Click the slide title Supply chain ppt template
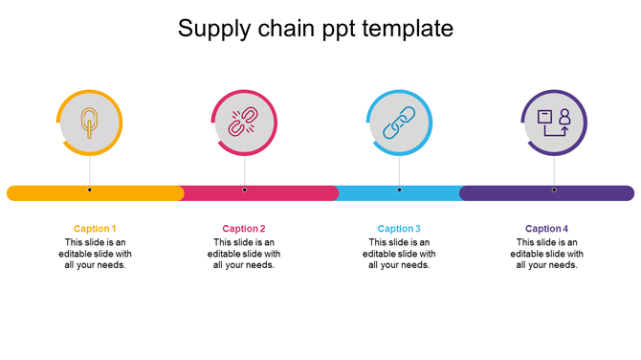pyautogui.click(x=316, y=29)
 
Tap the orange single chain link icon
pyautogui.click(x=90, y=123)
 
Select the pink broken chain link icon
pyautogui.click(x=244, y=123)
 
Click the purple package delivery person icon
pyautogui.click(x=554, y=123)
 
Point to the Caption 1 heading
pyautogui.click(x=95, y=229)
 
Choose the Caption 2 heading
pyautogui.click(x=244, y=229)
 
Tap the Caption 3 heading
pyautogui.click(x=399, y=229)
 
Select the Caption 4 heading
pyautogui.click(x=546, y=229)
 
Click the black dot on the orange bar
pyautogui.click(x=90, y=191)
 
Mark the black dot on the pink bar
pyautogui.click(x=244, y=191)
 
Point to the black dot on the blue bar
pyautogui.click(x=399, y=191)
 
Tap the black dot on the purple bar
pyautogui.click(x=554, y=191)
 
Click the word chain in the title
pyautogui.click(x=286, y=29)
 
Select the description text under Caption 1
pyautogui.click(x=95, y=254)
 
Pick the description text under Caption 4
pyautogui.click(x=546, y=254)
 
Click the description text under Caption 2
pyautogui.click(x=244, y=254)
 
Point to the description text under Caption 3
pyautogui.click(x=399, y=254)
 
